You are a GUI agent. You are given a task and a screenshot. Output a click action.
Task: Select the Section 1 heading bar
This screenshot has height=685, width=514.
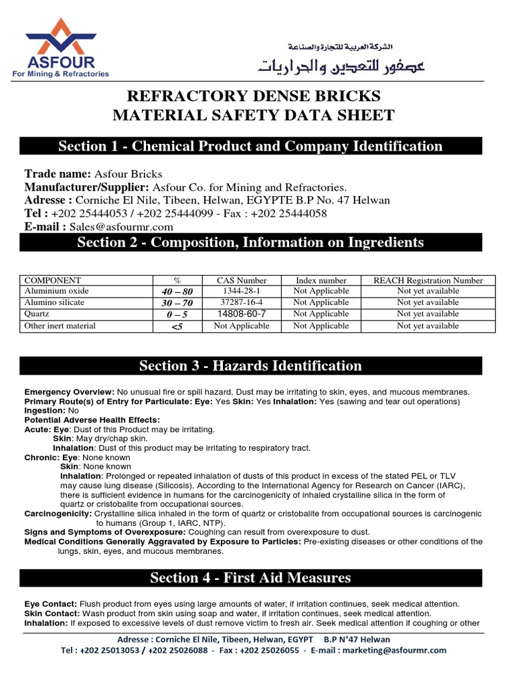[250, 146]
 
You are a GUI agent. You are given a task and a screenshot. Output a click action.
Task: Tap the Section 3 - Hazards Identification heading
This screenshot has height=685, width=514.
[250, 365]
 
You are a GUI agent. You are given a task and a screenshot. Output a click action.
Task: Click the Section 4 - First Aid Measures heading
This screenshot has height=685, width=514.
[250, 577]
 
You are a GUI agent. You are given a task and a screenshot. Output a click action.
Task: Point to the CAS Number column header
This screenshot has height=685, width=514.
[242, 280]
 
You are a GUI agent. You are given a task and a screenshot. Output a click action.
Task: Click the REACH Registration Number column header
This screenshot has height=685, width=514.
[428, 280]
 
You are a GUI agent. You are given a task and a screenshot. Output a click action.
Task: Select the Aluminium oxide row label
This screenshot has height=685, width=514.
[56, 291]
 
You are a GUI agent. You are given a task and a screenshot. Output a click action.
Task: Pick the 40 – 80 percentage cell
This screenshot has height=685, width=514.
[177, 292]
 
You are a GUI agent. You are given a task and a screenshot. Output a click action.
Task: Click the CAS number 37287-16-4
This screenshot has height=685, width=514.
[242, 302]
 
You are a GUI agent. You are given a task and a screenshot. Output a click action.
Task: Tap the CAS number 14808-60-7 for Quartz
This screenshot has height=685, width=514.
[242, 314]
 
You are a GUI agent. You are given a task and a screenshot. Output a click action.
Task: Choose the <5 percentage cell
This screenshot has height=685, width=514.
[177, 326]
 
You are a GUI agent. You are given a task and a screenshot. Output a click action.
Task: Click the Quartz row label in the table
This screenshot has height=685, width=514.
[37, 314]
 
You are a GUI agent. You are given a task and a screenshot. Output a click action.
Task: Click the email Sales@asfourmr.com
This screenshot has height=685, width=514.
[121, 227]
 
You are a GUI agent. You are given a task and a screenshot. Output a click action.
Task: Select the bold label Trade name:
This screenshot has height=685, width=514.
[57, 174]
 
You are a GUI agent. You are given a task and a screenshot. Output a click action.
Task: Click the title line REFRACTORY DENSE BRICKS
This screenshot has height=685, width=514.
[253, 95]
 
